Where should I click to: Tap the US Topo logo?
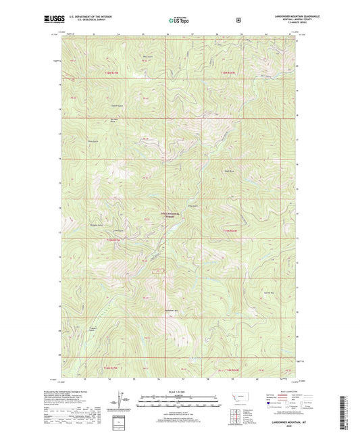pos(180,21)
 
